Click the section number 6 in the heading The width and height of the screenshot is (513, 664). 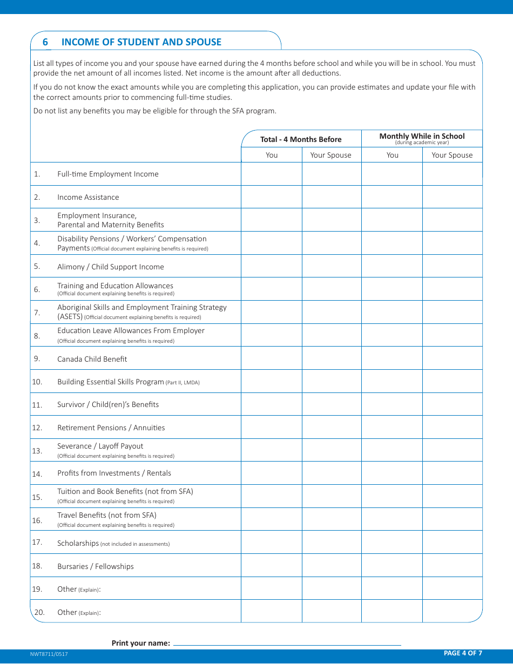pyautogui.click(x=45, y=42)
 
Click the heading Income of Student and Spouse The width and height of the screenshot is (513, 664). pyautogui.click(x=141, y=42)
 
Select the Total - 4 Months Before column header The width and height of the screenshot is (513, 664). pyautogui.click(x=301, y=139)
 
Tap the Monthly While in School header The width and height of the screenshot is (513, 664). pyautogui.click(x=422, y=137)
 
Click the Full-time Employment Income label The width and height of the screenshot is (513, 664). pyautogui.click(x=108, y=174)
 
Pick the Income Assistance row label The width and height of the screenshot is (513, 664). pyautogui.click(x=88, y=197)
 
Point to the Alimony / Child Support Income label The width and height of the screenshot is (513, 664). pyautogui.click(x=110, y=267)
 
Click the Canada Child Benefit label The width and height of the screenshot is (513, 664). pyautogui.click(x=92, y=359)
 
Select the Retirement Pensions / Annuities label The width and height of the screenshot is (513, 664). pyautogui.click(x=111, y=428)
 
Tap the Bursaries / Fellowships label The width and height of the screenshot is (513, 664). pyautogui.click(x=96, y=566)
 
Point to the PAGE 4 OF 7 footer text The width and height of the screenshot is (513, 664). pyautogui.click(x=463, y=653)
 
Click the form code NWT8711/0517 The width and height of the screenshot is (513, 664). pyautogui.click(x=49, y=654)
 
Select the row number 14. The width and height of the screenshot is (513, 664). pyautogui.click(x=37, y=474)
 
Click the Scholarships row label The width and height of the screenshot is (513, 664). pyautogui.click(x=78, y=543)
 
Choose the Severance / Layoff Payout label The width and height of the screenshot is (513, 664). pyautogui.click(x=100, y=446)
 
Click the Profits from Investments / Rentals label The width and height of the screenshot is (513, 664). pyautogui.click(x=114, y=473)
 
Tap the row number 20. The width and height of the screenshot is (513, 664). pyautogui.click(x=39, y=612)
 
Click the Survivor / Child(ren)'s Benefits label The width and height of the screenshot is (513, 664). pyautogui.click(x=108, y=404)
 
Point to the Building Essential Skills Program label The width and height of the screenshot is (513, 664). pyautogui.click(x=111, y=382)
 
